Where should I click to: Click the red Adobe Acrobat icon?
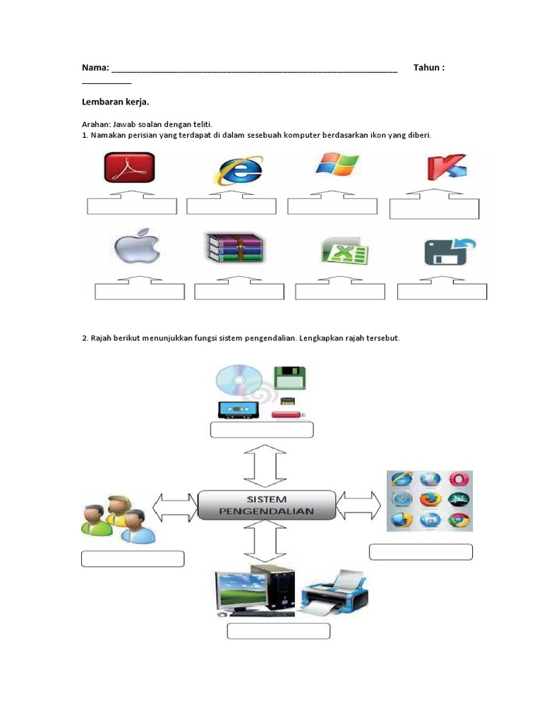click(130, 170)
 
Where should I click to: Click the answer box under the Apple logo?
click(140, 292)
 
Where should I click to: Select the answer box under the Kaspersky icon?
click(434, 209)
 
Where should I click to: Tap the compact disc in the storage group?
click(240, 382)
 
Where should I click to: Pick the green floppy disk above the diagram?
click(290, 378)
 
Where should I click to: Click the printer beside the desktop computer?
click(334, 592)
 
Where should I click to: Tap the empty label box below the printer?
click(279, 631)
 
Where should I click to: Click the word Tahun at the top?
click(427, 68)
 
